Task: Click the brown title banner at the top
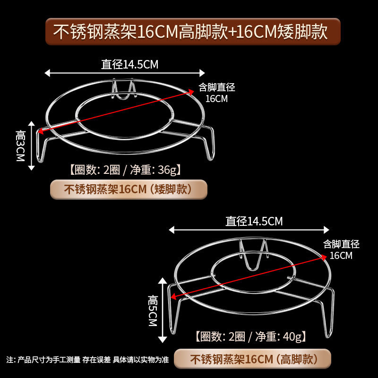193,32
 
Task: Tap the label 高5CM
152,310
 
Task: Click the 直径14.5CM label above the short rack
129,65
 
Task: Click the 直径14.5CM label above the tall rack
254,221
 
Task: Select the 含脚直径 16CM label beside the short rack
216,93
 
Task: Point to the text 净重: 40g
282,337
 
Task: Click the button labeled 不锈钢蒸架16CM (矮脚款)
129,189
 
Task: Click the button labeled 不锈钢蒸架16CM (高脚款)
252,359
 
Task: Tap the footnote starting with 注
87,360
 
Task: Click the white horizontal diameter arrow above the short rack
125,73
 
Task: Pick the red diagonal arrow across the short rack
118,109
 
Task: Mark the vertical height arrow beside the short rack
32,144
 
